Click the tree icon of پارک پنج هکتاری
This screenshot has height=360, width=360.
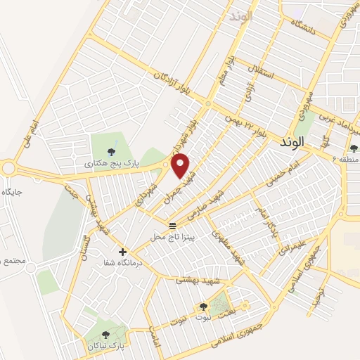click(111, 152)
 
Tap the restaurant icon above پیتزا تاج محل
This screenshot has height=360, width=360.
click(172, 225)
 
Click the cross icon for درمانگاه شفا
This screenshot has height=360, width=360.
click(123, 251)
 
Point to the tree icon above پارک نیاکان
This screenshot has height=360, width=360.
click(105, 335)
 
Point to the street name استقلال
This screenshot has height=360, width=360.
click(262, 70)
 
